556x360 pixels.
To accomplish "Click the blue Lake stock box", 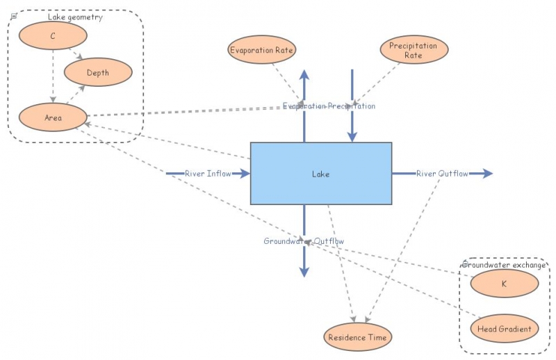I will point(320,174).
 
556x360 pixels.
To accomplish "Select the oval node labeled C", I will point(53,35).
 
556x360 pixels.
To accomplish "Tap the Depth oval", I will point(97,72).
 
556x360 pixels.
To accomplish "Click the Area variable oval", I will point(53,117).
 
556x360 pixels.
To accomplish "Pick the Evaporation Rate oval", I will point(262,50).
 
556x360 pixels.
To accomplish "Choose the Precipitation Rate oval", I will point(414,50).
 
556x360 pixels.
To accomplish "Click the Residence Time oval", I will point(358,337).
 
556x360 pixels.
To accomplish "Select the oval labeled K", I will point(504,284).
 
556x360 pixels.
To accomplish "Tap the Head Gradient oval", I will point(504,329).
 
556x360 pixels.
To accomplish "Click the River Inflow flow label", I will point(208,173).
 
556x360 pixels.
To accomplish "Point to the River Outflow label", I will point(442,173).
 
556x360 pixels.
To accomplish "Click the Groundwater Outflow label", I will point(304,241).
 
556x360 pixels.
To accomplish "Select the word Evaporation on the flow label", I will point(304,106).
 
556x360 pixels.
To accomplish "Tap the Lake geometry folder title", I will point(75,17).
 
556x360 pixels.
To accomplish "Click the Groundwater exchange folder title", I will point(504,265).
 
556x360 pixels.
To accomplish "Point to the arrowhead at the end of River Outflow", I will point(489,173).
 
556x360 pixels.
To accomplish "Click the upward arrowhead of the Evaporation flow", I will point(304,74).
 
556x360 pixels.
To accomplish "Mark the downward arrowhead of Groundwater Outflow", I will point(304,273).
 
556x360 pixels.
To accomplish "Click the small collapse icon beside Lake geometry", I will point(14,15).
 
